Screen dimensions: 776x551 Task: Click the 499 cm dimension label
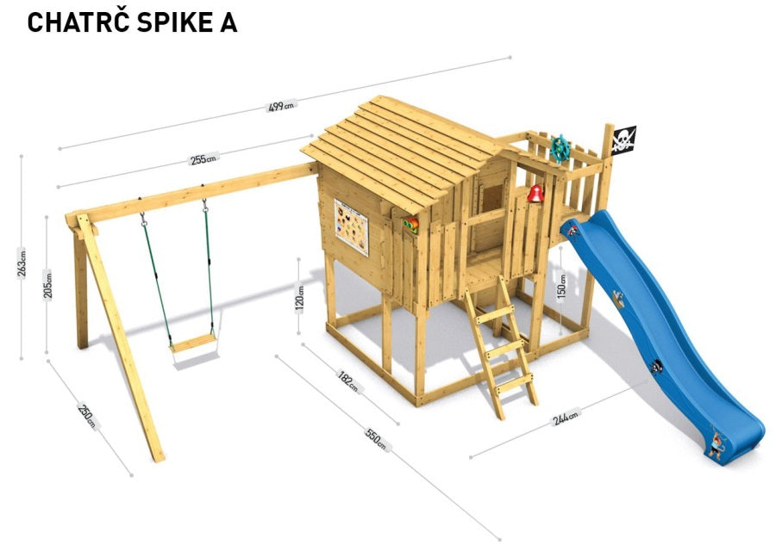280,106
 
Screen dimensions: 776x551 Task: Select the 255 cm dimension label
203,159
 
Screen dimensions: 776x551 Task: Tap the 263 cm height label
22,264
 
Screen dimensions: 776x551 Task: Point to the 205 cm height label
47,285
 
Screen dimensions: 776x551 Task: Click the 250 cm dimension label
87,415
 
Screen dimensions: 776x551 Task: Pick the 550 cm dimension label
376,439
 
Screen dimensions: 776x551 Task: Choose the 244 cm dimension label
565,418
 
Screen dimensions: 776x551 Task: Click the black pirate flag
623,139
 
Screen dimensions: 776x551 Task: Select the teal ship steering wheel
560,148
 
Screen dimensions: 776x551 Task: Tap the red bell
535,193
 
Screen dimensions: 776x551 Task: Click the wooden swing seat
193,343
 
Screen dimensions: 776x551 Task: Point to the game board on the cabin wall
352,226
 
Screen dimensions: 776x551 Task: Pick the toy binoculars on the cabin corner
410,225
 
